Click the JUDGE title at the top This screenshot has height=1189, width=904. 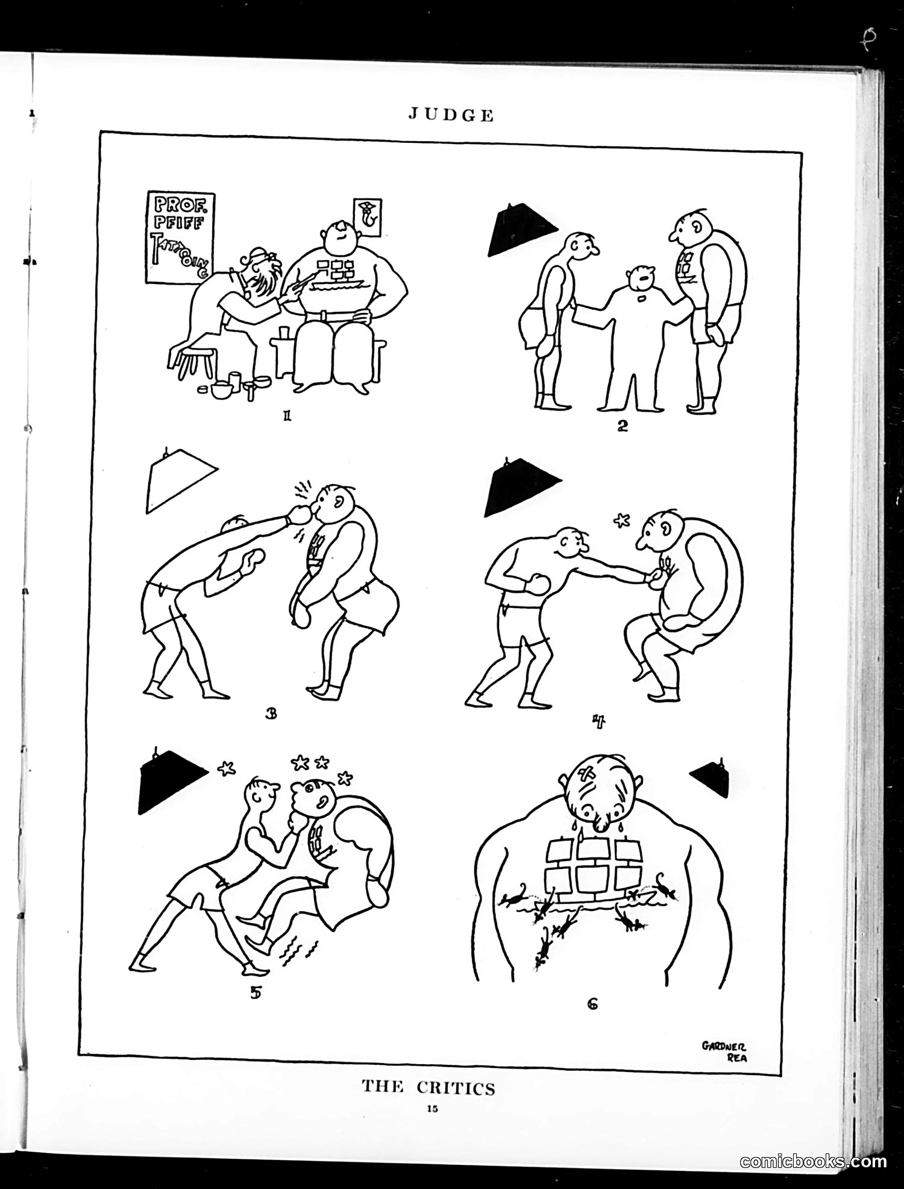click(451, 115)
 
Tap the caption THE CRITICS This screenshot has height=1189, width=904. click(428, 1088)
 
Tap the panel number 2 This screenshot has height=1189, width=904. click(622, 426)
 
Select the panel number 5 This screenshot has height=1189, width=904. click(256, 993)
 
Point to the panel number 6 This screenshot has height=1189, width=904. click(592, 1004)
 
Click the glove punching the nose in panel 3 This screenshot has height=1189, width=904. click(300, 514)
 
